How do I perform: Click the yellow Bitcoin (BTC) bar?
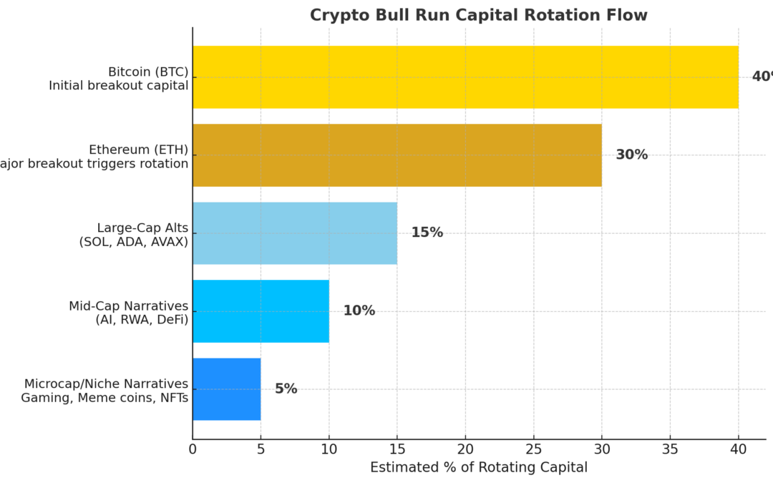point(465,77)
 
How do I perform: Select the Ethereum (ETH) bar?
point(397,155)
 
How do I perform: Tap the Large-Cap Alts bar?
point(295,233)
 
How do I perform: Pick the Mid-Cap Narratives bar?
point(261,311)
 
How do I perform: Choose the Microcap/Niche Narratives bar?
point(227,389)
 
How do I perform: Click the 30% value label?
point(631,155)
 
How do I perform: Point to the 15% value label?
point(427,233)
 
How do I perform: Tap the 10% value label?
point(359,311)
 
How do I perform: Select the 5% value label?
point(286,389)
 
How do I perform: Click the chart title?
point(478,15)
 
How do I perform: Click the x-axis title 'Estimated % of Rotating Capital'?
point(478,467)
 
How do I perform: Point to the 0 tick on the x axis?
point(193,449)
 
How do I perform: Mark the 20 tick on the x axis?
point(465,449)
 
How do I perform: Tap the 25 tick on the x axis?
point(534,449)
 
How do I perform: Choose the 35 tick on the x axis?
point(670,449)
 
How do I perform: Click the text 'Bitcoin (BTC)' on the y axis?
point(147,72)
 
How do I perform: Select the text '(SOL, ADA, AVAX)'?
point(133,241)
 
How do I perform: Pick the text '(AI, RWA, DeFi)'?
point(142,319)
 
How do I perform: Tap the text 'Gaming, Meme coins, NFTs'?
point(104,397)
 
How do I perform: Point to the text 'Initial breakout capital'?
point(118,85)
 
